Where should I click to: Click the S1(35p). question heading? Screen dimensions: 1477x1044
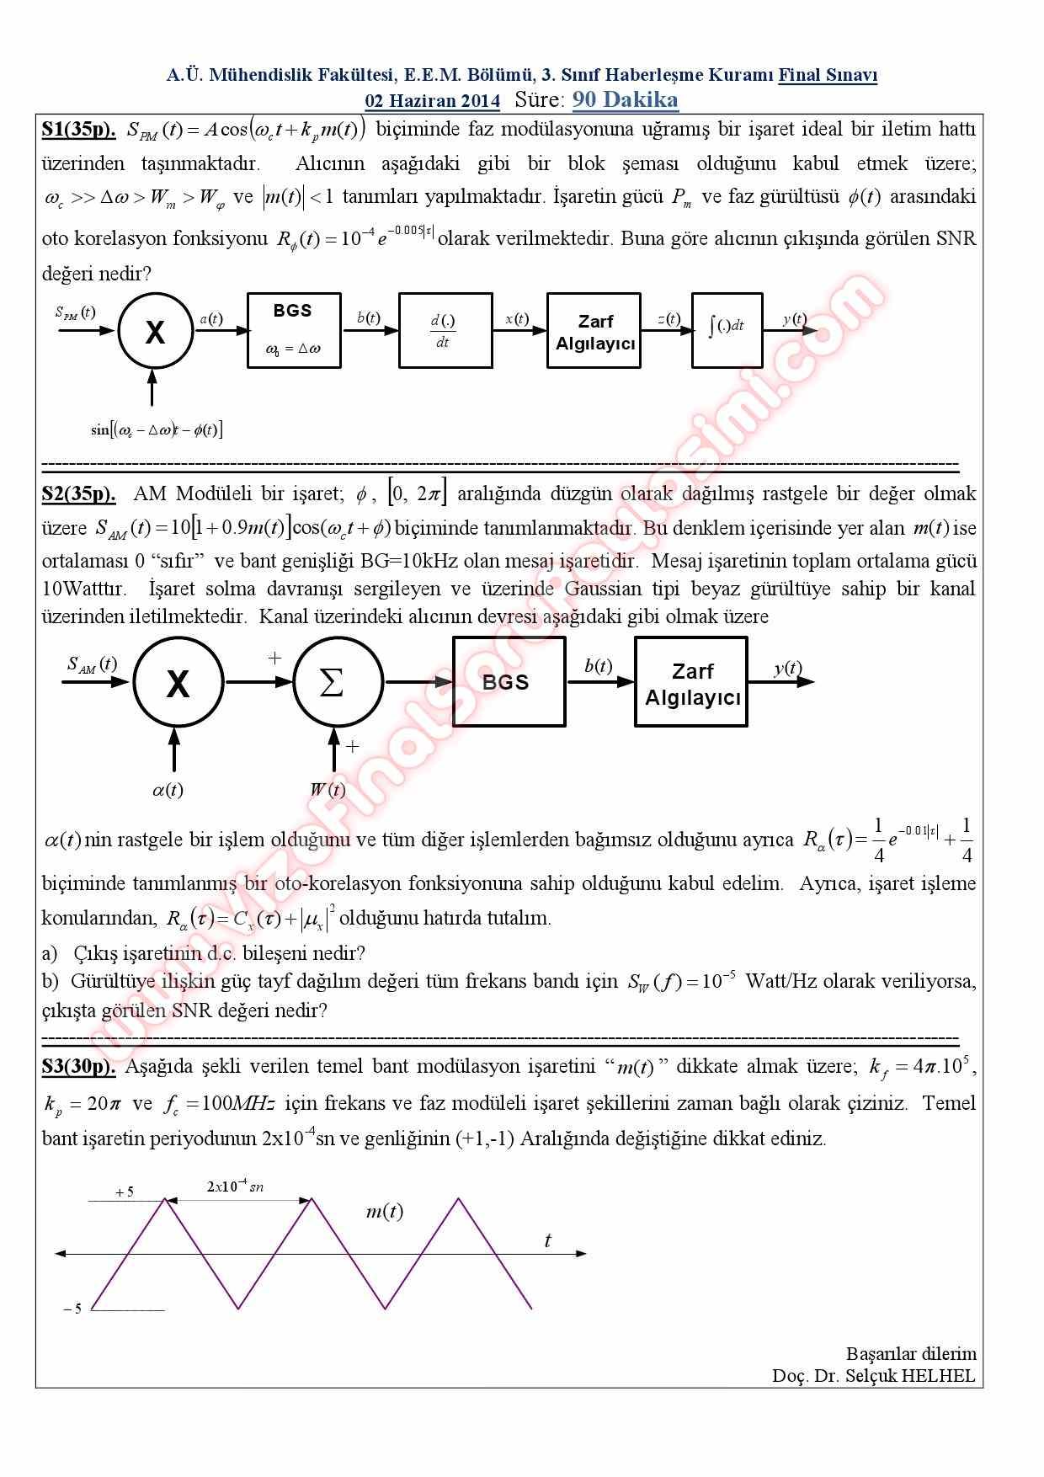pyautogui.click(x=78, y=130)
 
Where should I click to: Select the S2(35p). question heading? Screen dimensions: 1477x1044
pyautogui.click(x=78, y=493)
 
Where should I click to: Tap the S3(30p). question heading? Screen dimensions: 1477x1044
pyautogui.click(x=78, y=1067)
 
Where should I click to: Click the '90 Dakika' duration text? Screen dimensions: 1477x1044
pyautogui.click(x=625, y=100)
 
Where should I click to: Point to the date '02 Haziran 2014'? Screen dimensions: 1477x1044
pyautogui.click(x=432, y=101)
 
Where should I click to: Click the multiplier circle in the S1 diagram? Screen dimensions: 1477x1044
pyautogui.click(x=156, y=332)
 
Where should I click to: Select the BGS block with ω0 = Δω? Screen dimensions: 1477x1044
pyautogui.click(x=293, y=330)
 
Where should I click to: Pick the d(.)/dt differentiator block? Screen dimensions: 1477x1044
pyautogui.click(x=445, y=330)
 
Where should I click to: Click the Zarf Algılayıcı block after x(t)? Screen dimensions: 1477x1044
pyautogui.click(x=594, y=330)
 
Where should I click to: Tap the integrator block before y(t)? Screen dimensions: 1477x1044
pyautogui.click(x=727, y=330)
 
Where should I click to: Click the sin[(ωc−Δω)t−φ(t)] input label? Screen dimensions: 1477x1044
pyautogui.click(x=157, y=430)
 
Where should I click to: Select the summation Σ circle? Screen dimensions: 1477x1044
pyautogui.click(x=333, y=682)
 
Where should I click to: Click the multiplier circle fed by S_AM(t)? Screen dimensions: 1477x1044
pyautogui.click(x=178, y=682)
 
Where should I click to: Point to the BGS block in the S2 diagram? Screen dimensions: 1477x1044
pyautogui.click(x=508, y=682)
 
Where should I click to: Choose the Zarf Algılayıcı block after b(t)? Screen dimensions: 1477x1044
pyautogui.click(x=691, y=682)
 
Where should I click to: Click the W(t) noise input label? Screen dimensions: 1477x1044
pyautogui.click(x=328, y=790)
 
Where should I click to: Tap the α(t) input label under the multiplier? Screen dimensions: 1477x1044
pyautogui.click(x=168, y=790)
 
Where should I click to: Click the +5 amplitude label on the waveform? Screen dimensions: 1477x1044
pyautogui.click(x=125, y=1192)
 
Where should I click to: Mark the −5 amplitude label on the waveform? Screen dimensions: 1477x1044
pyautogui.click(x=73, y=1309)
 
